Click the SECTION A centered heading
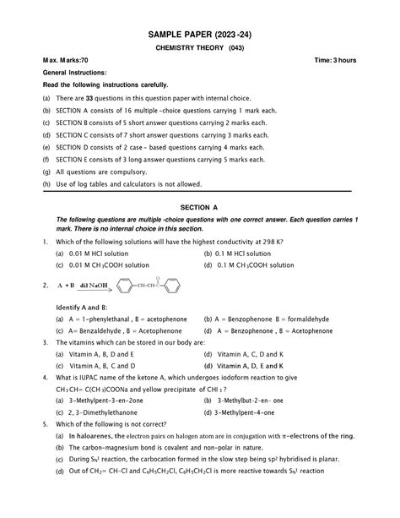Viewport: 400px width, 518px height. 199,206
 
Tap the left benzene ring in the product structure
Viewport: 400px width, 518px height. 126,287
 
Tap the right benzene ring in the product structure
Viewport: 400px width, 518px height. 171,287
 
